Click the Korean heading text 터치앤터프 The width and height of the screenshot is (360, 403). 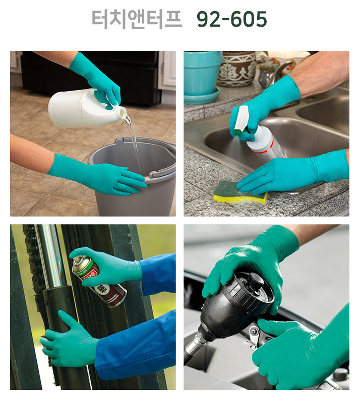[137, 19]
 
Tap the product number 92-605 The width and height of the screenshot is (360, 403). [231, 19]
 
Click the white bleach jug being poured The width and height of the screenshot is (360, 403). [85, 108]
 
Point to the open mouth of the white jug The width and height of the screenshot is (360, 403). [122, 113]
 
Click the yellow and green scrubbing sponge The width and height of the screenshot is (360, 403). [240, 192]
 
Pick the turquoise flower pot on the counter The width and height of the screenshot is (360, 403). [202, 77]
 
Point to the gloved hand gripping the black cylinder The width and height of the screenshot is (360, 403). [68, 339]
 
